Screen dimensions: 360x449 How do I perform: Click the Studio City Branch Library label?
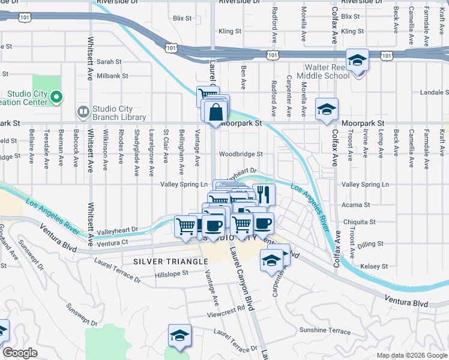(119, 113)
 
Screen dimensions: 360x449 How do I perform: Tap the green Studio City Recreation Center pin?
(56, 96)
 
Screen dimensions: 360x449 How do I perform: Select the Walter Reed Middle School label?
(327, 71)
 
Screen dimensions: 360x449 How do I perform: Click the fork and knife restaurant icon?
(262, 194)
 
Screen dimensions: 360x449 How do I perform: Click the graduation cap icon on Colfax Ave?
(327, 109)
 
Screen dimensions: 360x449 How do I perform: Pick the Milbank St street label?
(109, 76)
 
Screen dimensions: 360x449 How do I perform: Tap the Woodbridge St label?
(241, 154)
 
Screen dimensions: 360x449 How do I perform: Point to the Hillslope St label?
(172, 272)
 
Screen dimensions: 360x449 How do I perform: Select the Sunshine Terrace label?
(324, 331)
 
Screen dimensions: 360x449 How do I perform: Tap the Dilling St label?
(370, 244)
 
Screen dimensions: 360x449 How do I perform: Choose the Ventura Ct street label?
(112, 243)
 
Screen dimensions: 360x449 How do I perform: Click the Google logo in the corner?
(20, 353)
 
